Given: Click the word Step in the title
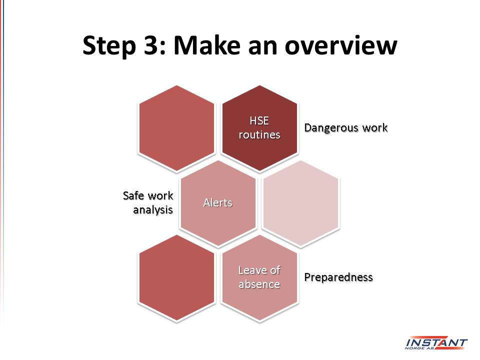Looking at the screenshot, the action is click(x=109, y=46).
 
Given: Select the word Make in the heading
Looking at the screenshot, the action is click(x=207, y=45).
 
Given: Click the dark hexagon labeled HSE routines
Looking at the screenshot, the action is click(x=259, y=128).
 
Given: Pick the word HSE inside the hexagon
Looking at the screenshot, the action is click(x=259, y=120).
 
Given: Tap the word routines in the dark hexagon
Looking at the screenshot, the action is click(x=259, y=134).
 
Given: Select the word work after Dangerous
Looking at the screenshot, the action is click(x=375, y=127).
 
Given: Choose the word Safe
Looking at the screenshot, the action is click(x=133, y=195).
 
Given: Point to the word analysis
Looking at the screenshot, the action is click(x=153, y=210).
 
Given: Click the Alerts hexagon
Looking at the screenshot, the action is click(x=218, y=203).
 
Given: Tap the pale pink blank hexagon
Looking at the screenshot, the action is click(x=301, y=203).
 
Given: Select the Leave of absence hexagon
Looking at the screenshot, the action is click(x=259, y=277).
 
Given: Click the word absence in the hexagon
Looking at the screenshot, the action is click(x=259, y=284).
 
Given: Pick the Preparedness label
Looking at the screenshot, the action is click(x=338, y=277).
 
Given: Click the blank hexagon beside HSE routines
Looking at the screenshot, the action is click(x=176, y=128).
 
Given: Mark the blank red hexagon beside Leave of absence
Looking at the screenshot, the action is click(x=176, y=277).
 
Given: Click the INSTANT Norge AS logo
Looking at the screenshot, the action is click(x=436, y=343).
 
